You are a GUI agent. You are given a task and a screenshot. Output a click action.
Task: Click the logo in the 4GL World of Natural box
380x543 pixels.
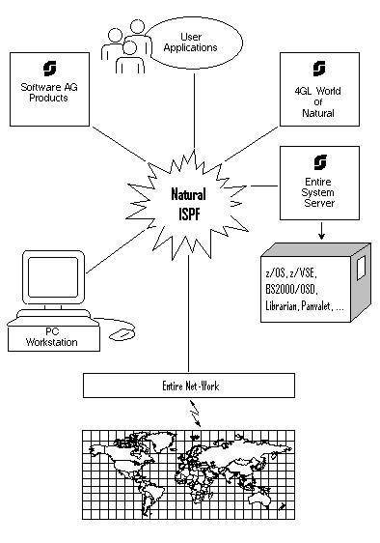(x=318, y=69)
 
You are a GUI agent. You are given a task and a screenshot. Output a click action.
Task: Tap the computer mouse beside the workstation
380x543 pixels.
(x=122, y=334)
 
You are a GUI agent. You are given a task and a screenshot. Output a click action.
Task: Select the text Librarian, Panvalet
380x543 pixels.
(x=299, y=305)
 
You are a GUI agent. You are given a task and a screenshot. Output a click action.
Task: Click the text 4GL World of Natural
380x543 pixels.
(x=318, y=102)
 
